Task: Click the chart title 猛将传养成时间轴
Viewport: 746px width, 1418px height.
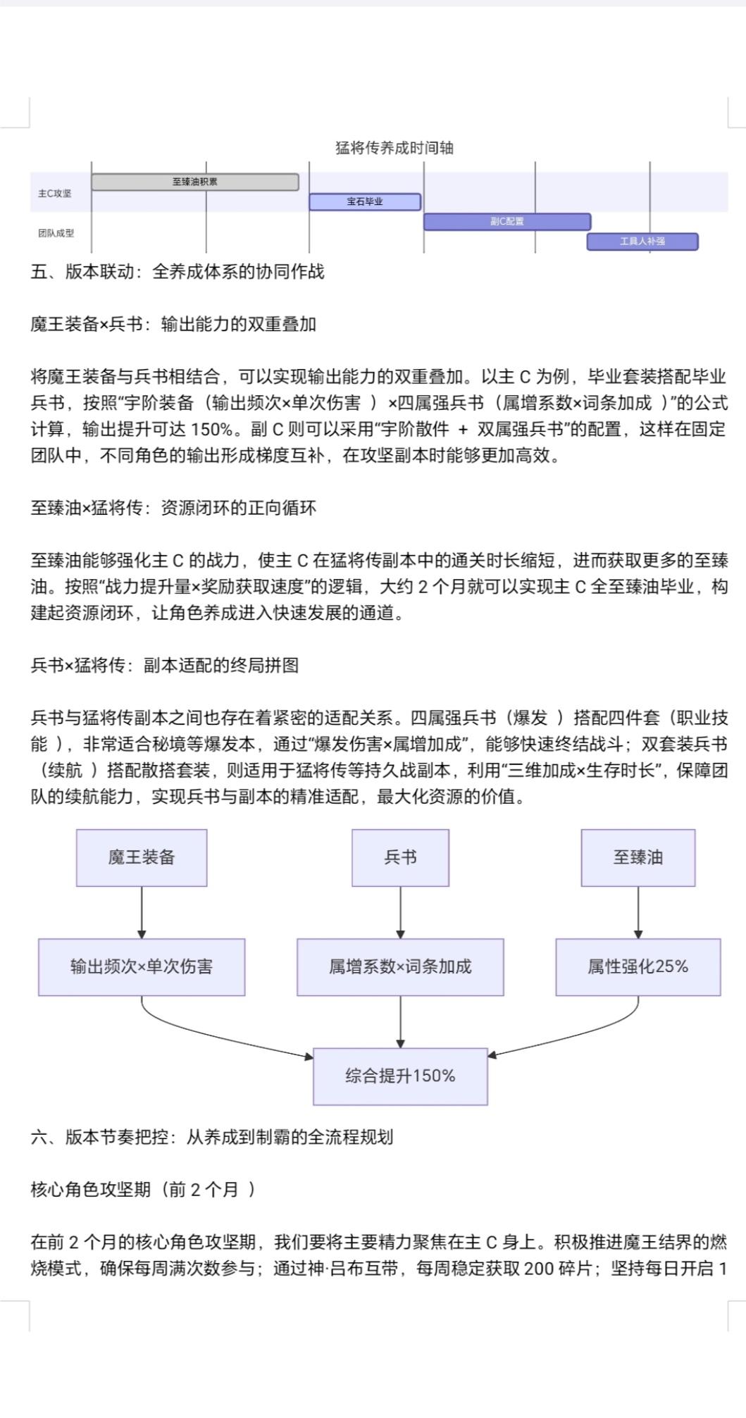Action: [x=394, y=148]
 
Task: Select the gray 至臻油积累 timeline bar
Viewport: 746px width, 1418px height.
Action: [x=195, y=182]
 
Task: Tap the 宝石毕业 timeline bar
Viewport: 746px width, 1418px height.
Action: [x=365, y=201]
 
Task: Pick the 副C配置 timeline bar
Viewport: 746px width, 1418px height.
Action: [x=507, y=221]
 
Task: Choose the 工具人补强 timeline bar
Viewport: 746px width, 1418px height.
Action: [x=642, y=241]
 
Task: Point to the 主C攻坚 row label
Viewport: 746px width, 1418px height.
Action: [x=55, y=193]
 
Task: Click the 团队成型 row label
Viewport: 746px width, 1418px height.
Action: [x=56, y=232]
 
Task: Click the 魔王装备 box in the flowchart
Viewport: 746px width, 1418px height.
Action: [x=142, y=857]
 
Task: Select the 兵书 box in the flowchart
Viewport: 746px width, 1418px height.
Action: [x=400, y=857]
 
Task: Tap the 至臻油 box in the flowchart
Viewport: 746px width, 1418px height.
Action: [x=638, y=857]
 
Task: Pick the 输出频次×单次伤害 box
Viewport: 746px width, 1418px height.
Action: [x=142, y=966]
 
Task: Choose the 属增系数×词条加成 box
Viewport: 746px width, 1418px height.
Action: [x=400, y=966]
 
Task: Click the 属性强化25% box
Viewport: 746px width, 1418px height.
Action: [x=638, y=966]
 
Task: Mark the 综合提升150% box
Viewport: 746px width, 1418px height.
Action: [x=400, y=1076]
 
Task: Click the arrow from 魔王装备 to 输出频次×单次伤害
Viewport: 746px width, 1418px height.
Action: [x=142, y=912]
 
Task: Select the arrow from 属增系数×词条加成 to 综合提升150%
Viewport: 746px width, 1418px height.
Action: [x=400, y=1021]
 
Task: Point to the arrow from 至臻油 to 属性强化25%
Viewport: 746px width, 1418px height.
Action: [x=638, y=912]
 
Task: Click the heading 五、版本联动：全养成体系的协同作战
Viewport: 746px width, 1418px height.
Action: [x=178, y=272]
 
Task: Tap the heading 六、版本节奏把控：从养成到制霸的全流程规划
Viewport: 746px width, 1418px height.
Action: [x=212, y=1137]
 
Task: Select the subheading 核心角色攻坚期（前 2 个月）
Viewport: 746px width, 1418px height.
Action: [x=143, y=1189]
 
